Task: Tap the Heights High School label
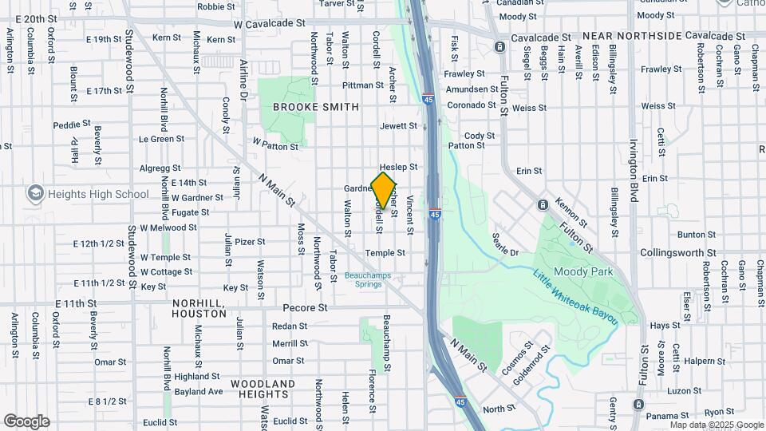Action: pyautogui.click(x=97, y=194)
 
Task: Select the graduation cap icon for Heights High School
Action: pyautogui.click(x=34, y=193)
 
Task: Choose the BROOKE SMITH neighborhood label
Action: pyautogui.click(x=315, y=106)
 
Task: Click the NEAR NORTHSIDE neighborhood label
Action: pyautogui.click(x=632, y=37)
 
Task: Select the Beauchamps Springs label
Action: pyautogui.click(x=368, y=279)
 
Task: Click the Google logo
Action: pyautogui.click(x=26, y=421)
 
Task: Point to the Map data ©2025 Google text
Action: pyautogui.click(x=716, y=425)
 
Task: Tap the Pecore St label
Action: pyautogui.click(x=306, y=307)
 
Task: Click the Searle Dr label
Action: pyautogui.click(x=505, y=246)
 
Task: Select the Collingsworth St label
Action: pyautogui.click(x=677, y=252)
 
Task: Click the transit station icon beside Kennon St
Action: pyautogui.click(x=543, y=205)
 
